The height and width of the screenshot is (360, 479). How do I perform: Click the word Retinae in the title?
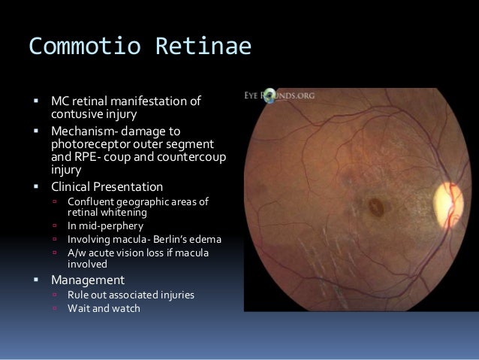coord(203,47)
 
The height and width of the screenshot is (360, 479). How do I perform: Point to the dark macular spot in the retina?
coord(375,204)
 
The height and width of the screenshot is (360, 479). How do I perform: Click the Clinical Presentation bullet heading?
coord(107,186)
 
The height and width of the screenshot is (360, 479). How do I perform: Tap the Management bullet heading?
coord(87,280)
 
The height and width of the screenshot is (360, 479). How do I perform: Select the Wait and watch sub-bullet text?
coord(104,308)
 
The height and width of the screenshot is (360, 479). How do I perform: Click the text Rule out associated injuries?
coord(131,295)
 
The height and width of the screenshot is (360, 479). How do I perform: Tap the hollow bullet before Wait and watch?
coord(55,309)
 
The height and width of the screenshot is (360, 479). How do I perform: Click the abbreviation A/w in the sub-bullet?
coord(77,253)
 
